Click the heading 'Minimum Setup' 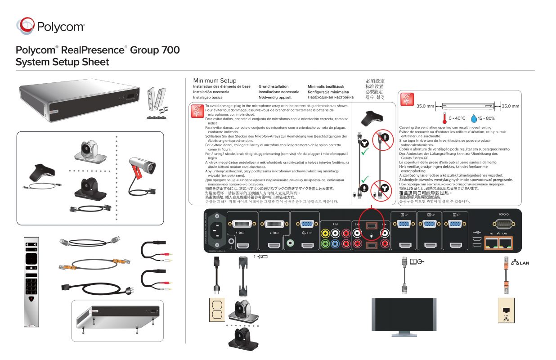tap(215, 80)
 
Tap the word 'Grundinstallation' tap(274, 86)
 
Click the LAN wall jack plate tap(506, 311)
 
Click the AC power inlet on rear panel tap(216, 228)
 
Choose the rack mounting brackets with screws tap(158, 102)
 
